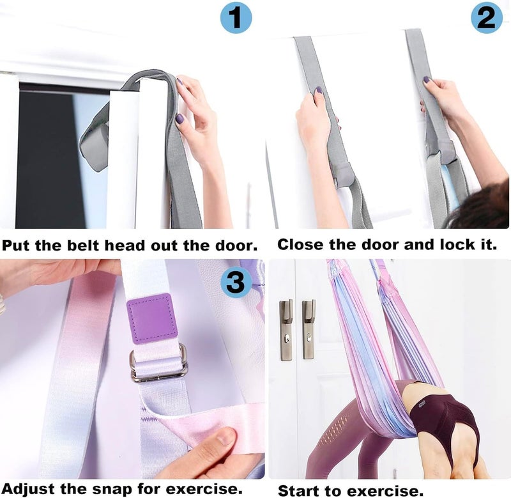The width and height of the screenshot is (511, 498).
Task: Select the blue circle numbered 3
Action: pos(236,282)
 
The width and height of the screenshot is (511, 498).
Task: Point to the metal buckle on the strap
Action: pos(158,362)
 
